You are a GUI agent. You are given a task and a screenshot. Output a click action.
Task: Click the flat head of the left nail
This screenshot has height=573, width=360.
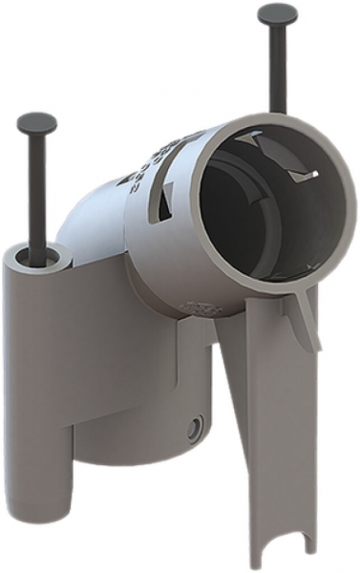(x=35, y=122)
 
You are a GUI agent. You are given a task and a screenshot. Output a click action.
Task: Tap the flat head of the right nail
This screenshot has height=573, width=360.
(x=278, y=14)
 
